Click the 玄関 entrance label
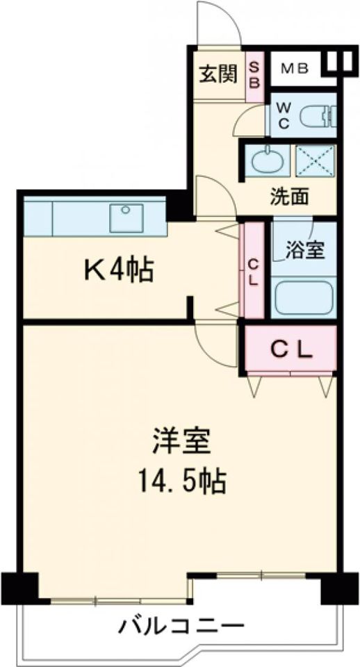click(x=218, y=74)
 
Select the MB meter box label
click(x=295, y=69)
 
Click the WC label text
click(x=284, y=115)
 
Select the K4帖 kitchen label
click(x=119, y=270)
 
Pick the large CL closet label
click(x=291, y=349)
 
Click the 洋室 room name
click(x=181, y=443)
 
